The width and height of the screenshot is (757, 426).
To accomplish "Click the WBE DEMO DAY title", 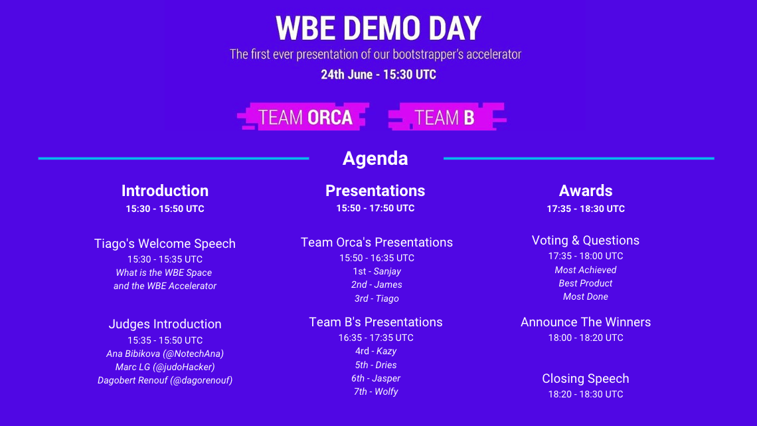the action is point(378,28).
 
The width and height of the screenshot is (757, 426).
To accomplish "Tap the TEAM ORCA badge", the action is point(303,117).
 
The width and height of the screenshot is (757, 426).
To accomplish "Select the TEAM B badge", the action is point(447,117).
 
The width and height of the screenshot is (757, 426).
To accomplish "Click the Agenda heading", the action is point(375,158).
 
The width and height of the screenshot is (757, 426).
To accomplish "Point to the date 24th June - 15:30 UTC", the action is point(378,75).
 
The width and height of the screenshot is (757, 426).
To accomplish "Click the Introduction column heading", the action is point(165,191).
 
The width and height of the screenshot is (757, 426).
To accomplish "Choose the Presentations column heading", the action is point(375,191).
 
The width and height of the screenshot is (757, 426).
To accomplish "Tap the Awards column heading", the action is point(586,191).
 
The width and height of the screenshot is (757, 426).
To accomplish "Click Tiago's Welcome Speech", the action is point(165,243).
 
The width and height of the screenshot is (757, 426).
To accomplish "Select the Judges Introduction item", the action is point(165,324).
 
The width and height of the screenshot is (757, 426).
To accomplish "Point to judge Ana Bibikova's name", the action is point(133,354).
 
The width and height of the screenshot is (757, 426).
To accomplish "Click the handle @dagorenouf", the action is point(202,381).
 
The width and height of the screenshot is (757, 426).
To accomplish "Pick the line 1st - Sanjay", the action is point(377,271).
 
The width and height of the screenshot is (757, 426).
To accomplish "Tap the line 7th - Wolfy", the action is point(376,391).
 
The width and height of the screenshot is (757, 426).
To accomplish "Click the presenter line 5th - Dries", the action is point(376,365).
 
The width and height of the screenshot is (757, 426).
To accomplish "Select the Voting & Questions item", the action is point(586,241).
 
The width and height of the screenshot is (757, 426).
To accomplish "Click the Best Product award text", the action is point(586,284).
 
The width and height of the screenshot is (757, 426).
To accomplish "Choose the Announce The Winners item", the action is point(586,322).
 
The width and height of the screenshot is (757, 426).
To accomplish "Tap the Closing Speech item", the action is point(586,379).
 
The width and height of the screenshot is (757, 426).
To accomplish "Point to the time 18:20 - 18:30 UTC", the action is point(586,395).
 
